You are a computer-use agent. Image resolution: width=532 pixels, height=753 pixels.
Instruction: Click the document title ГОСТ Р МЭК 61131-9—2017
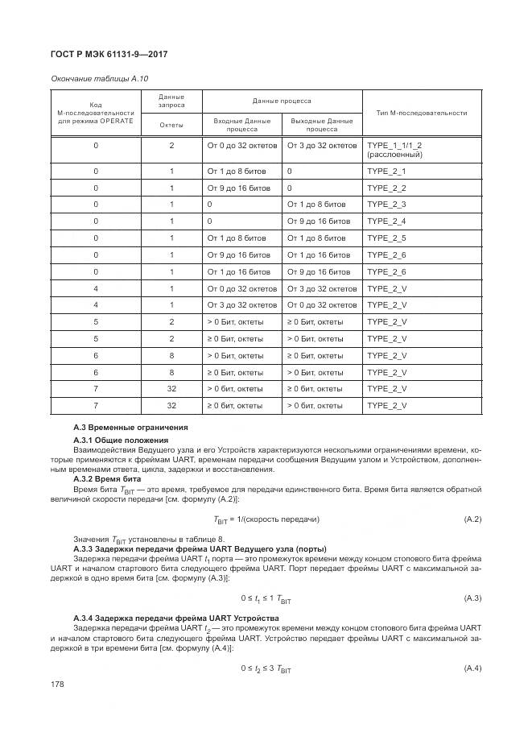click(109, 54)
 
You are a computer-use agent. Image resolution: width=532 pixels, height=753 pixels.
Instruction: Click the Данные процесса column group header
click(282, 101)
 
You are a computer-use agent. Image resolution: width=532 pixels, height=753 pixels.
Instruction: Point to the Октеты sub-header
click(171, 125)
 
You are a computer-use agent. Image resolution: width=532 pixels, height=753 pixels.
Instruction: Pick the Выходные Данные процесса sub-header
click(322, 124)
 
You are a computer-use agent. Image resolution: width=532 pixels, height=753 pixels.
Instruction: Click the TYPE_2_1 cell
click(386, 172)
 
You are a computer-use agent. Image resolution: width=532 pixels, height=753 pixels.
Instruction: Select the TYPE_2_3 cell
click(386, 205)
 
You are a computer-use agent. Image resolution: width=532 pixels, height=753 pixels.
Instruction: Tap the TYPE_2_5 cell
click(386, 238)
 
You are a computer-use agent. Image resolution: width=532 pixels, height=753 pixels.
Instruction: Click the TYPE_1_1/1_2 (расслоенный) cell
click(394, 150)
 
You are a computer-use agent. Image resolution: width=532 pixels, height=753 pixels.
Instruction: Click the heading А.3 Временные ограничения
click(130, 427)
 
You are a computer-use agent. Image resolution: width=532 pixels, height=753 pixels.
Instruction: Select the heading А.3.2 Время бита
click(107, 478)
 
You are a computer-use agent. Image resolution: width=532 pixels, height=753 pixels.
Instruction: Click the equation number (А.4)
click(472, 669)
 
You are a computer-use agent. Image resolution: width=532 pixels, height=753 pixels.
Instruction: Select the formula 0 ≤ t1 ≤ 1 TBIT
click(266, 598)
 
